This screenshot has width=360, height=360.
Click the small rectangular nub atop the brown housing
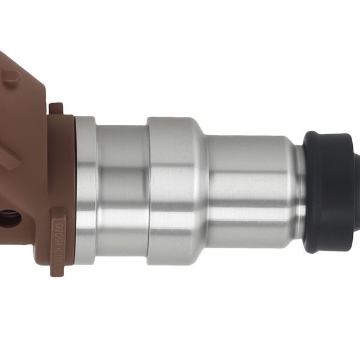coord(12,78)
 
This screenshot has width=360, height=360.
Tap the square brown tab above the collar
coord(56,108)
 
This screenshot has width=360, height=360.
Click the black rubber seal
coord(330,192)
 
